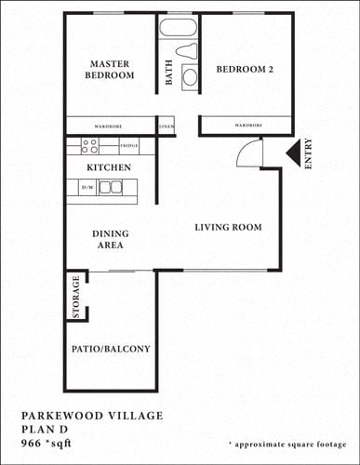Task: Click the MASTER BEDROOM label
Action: (x=111, y=70)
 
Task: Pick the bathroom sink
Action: (x=190, y=76)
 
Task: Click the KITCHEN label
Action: (x=108, y=167)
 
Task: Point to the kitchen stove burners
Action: (x=89, y=146)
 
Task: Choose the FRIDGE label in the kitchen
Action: (x=129, y=146)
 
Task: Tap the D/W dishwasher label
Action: (x=87, y=188)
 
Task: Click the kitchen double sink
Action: (x=110, y=187)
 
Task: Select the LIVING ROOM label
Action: (x=227, y=227)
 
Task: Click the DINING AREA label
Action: (x=110, y=239)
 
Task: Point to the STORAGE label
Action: (x=76, y=297)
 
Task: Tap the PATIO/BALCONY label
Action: (x=111, y=350)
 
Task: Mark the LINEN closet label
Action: (x=167, y=126)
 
